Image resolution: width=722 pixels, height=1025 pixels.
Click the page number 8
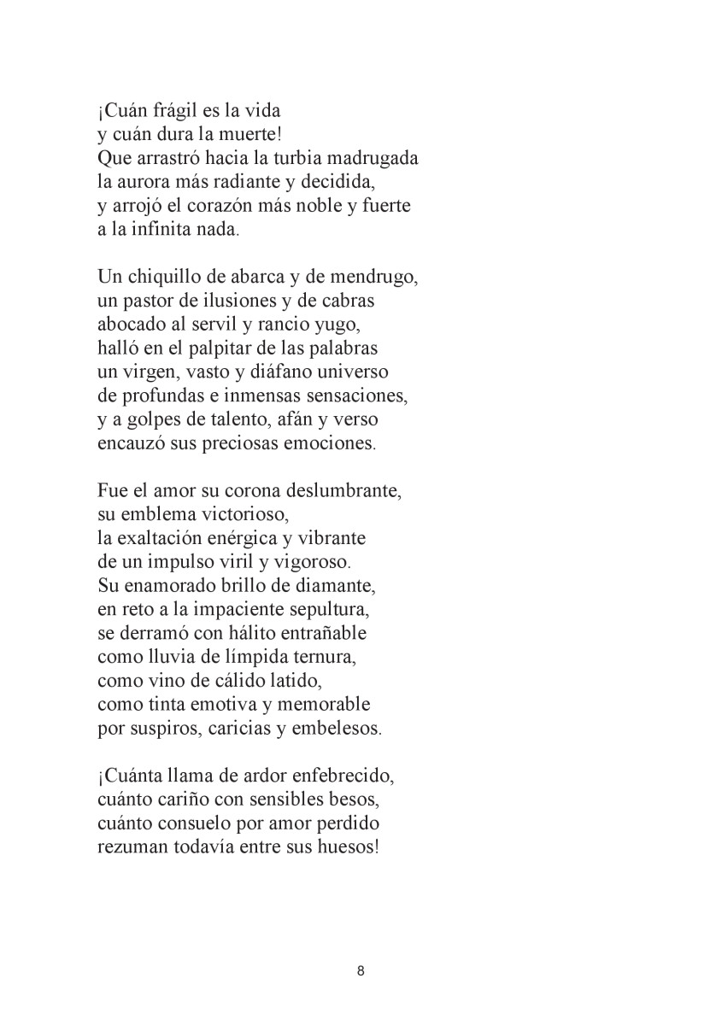361,971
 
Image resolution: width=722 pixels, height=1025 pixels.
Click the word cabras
347,302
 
